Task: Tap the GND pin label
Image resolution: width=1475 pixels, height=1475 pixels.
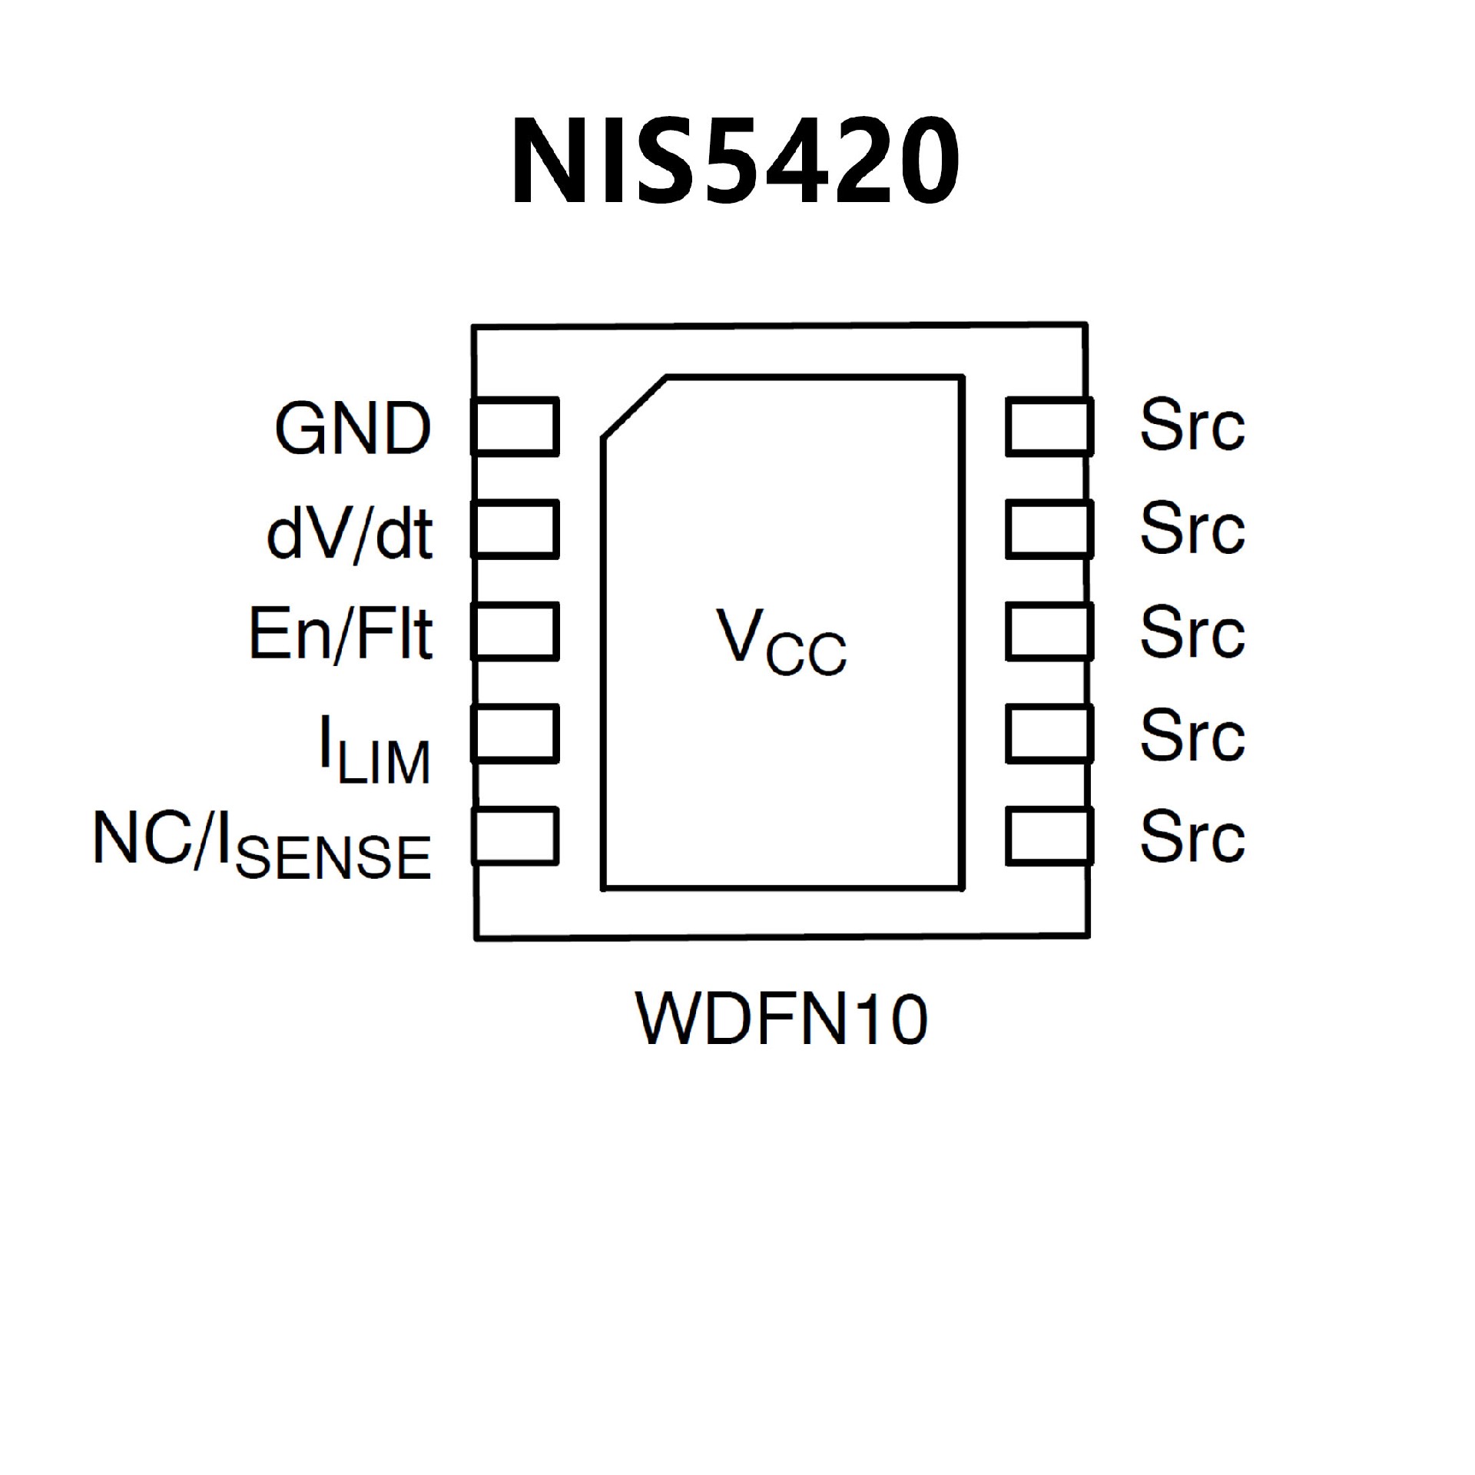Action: [x=353, y=428]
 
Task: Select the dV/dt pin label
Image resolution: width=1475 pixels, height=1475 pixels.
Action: [x=350, y=532]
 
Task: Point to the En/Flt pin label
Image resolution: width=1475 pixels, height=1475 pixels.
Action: [x=341, y=634]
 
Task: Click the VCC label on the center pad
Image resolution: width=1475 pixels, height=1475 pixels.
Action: [x=781, y=641]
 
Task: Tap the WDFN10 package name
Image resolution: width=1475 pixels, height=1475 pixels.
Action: [x=781, y=1019]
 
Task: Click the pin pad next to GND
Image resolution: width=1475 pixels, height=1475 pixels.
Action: [x=515, y=426]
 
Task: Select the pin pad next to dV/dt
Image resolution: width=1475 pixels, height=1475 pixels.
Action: [x=515, y=529]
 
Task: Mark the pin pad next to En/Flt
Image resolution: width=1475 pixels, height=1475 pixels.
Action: [x=515, y=631]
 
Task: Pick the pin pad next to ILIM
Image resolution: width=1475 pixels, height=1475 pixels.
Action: [x=515, y=734]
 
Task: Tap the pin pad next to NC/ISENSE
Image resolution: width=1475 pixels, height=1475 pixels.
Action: [x=515, y=836]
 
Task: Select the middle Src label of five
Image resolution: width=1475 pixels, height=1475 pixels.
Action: [x=1192, y=631]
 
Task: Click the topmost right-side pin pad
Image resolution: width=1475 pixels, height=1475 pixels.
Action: [x=1049, y=426]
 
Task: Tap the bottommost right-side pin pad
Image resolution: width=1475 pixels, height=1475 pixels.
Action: [x=1049, y=836]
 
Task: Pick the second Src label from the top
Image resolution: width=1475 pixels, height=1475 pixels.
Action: [x=1192, y=529]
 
